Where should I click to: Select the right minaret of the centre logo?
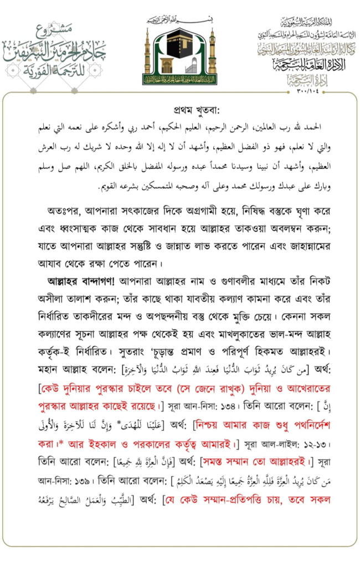(212, 51)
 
